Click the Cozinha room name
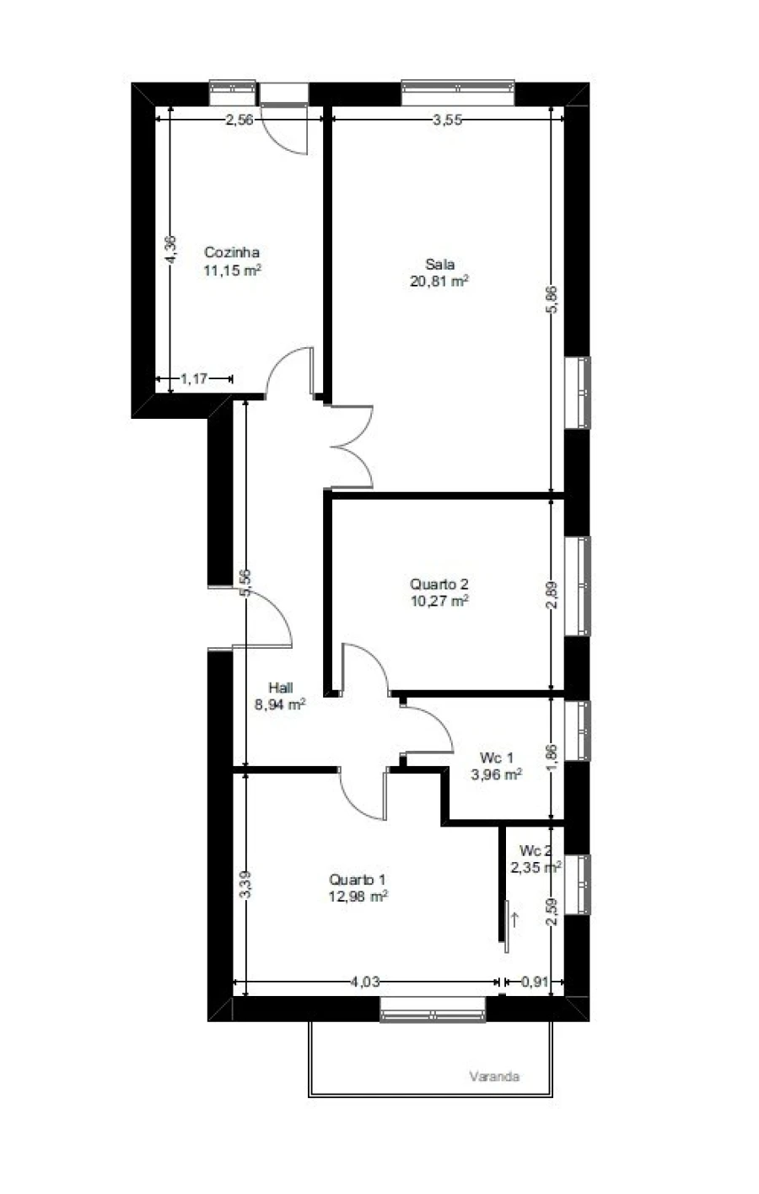click(232, 252)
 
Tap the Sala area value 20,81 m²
click(439, 281)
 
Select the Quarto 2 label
click(439, 584)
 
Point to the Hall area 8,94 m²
click(280, 704)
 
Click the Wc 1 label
click(496, 757)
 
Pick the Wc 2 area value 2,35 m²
click(536, 868)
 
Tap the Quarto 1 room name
click(358, 880)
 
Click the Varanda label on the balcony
click(494, 1076)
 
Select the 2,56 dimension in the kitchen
click(239, 120)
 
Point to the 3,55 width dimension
click(447, 120)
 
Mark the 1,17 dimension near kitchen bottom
click(194, 378)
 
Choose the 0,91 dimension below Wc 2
click(535, 981)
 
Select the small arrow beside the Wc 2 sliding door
click(514, 919)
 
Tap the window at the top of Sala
click(458, 93)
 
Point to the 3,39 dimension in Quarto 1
click(245, 885)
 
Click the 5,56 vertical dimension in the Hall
click(245, 583)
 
